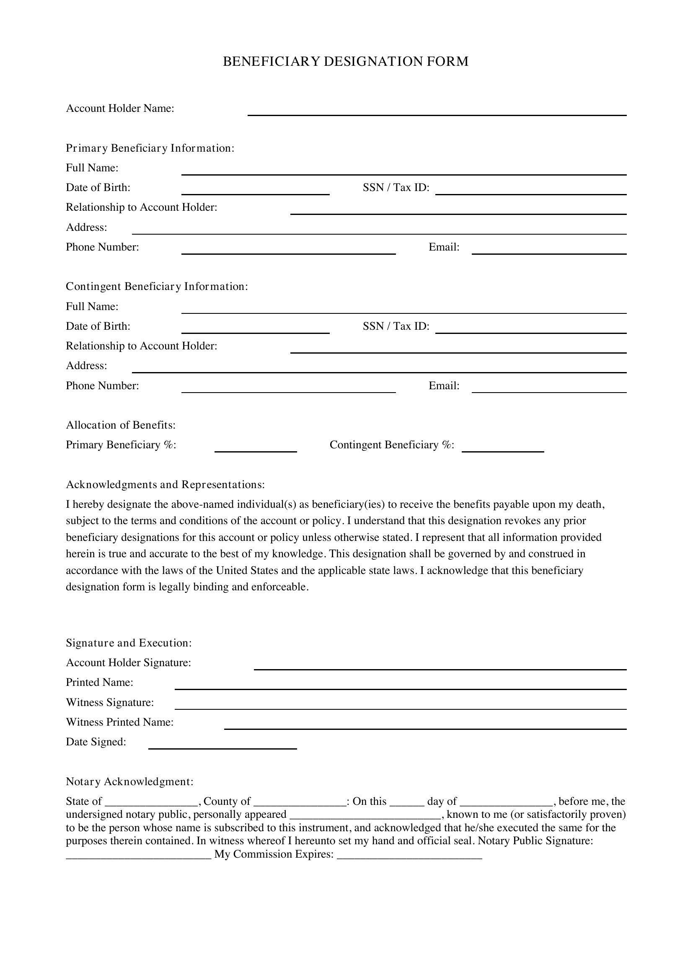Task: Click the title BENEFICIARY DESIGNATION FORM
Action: (346, 62)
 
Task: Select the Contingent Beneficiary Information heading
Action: (157, 287)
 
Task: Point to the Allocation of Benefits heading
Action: (121, 425)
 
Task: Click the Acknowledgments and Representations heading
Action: (165, 485)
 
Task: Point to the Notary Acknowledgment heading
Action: (130, 781)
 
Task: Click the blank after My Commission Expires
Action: (409, 856)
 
